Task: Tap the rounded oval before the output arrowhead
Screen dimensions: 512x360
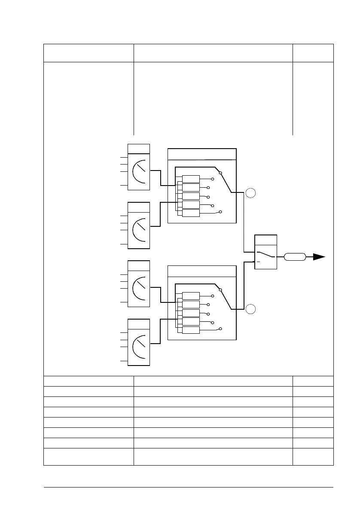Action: point(295,257)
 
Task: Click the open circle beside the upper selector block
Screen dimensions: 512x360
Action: point(251,193)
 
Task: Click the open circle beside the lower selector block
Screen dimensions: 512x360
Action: point(251,308)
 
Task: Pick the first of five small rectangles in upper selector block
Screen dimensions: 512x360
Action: point(191,179)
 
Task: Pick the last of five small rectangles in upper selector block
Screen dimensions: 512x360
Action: point(191,213)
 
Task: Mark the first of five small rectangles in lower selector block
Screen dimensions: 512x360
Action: point(191,296)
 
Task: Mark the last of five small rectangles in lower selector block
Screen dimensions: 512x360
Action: point(191,330)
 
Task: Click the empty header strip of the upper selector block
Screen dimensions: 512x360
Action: point(201,154)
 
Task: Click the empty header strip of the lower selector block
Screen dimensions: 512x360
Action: point(201,271)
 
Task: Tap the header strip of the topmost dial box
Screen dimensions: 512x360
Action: point(139,149)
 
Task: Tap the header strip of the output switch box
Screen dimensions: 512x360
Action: point(266,240)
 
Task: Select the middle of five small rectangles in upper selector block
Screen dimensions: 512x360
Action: point(191,196)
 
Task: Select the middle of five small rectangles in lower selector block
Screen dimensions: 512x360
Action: point(191,313)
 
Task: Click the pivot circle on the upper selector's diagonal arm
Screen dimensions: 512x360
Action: point(220,174)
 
